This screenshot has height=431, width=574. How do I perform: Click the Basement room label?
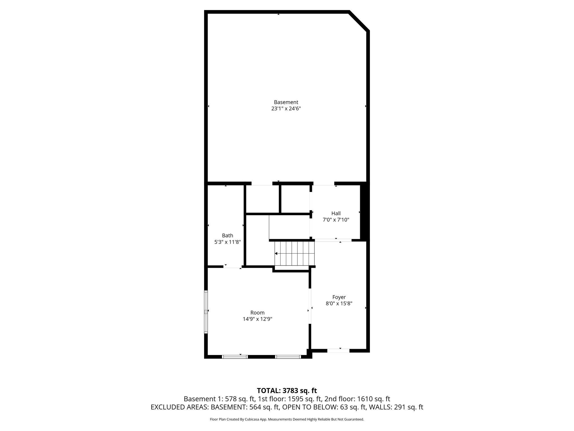click(x=286, y=102)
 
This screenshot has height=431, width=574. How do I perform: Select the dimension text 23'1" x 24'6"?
click(x=286, y=109)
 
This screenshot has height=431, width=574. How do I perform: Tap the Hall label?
click(x=336, y=214)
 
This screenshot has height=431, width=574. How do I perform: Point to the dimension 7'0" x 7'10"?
click(x=336, y=220)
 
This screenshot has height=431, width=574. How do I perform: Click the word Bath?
click(x=227, y=236)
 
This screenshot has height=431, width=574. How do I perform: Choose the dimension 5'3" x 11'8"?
click(x=227, y=242)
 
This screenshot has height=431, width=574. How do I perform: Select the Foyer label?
click(x=339, y=297)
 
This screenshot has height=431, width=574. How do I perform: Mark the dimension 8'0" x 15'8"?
click(x=339, y=304)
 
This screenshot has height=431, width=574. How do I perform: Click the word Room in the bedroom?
click(x=257, y=313)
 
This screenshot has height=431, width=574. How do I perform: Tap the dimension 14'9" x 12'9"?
click(x=257, y=319)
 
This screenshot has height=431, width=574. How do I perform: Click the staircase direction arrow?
click(x=276, y=254)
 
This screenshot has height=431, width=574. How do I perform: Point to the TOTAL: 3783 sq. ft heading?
click(x=287, y=391)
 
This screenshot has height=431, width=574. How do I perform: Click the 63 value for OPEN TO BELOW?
click(x=344, y=407)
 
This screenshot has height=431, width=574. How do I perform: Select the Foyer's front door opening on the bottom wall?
click(x=338, y=351)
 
